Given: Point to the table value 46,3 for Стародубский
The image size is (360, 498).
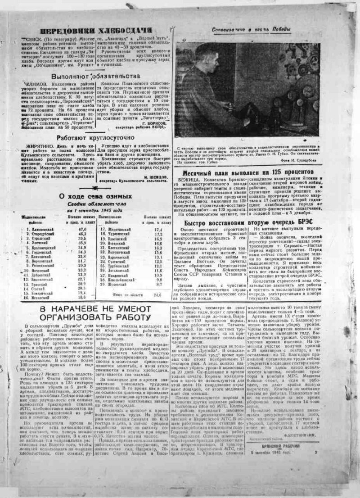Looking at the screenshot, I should [x=82, y=234].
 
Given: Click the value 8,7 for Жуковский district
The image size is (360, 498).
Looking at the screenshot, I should [x=158, y=285].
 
